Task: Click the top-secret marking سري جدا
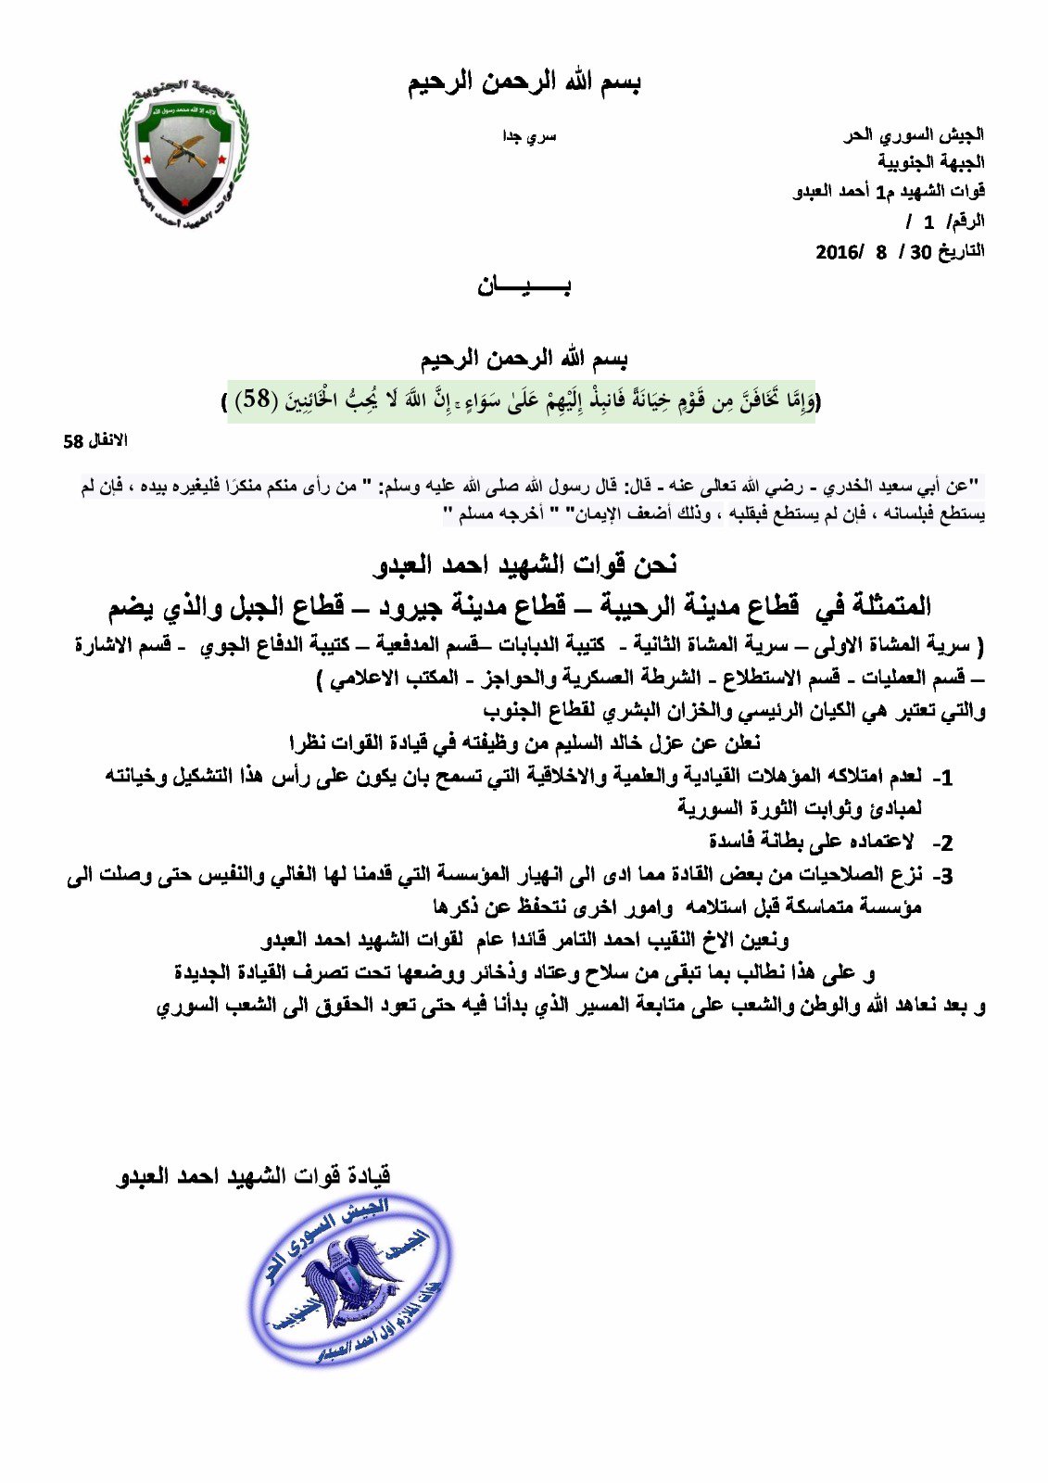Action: (529, 136)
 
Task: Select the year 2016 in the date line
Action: (840, 252)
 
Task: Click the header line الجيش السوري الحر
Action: (914, 135)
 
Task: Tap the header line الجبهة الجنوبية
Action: (931, 163)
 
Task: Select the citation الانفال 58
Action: (95, 441)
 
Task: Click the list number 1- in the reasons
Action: (942, 777)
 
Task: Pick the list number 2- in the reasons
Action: (942, 843)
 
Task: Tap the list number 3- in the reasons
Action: (942, 875)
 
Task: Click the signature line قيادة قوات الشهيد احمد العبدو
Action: (254, 1176)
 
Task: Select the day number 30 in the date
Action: (920, 252)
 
